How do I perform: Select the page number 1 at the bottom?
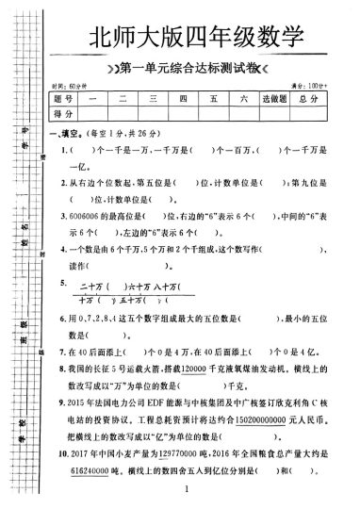point(189,490)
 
